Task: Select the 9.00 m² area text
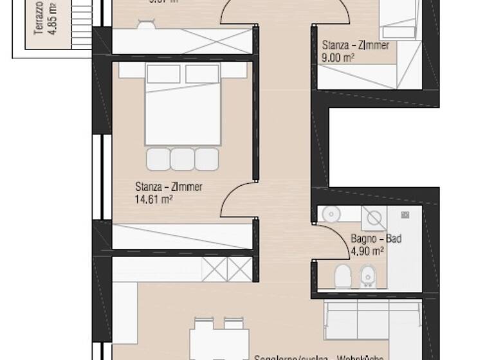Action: (x=338, y=57)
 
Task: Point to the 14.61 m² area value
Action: (x=154, y=199)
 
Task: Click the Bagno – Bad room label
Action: (x=376, y=239)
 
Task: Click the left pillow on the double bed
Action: (x=163, y=74)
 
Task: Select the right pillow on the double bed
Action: (x=203, y=74)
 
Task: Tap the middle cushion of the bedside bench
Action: (x=183, y=159)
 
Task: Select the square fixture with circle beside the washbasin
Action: (x=372, y=218)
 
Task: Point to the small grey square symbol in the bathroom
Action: (x=405, y=214)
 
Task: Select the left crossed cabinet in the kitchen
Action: (x=215, y=267)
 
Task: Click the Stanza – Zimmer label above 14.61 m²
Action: (x=169, y=187)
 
